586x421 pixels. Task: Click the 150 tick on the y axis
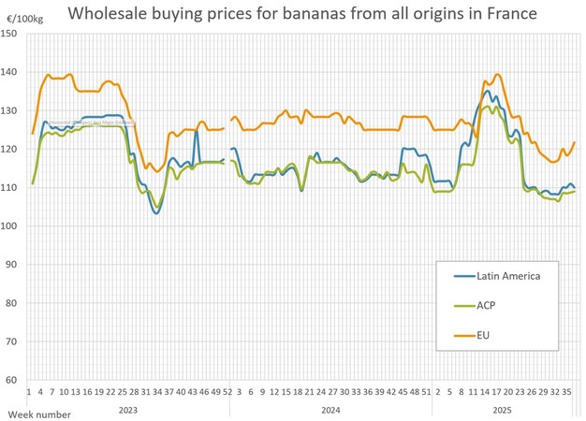point(10,34)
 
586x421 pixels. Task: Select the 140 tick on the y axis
point(10,72)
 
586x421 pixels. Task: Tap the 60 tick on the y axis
point(12,380)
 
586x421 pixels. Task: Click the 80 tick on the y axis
point(12,303)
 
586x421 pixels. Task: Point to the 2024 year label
point(330,409)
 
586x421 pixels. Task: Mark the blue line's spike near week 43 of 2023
point(196,130)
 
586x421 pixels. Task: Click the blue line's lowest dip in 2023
point(156,213)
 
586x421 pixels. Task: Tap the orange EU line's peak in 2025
point(497,75)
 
